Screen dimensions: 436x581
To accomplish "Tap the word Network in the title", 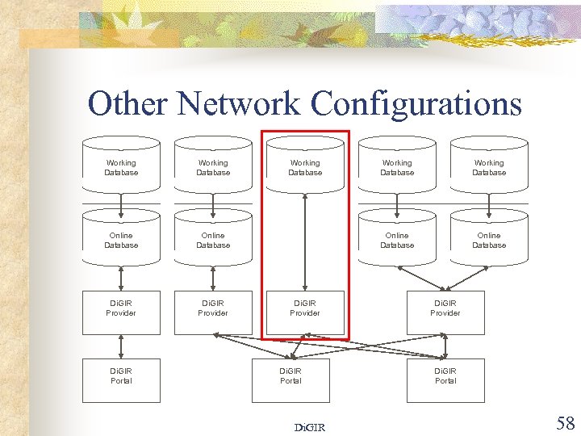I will [239, 103].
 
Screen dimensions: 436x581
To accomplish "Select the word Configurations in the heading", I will [416, 103].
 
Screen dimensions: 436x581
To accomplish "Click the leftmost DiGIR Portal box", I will [121, 380].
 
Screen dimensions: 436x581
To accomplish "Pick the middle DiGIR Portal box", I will [290, 380].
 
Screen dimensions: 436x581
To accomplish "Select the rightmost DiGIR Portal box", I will [445, 380].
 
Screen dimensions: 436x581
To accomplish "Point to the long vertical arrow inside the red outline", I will [305, 242].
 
